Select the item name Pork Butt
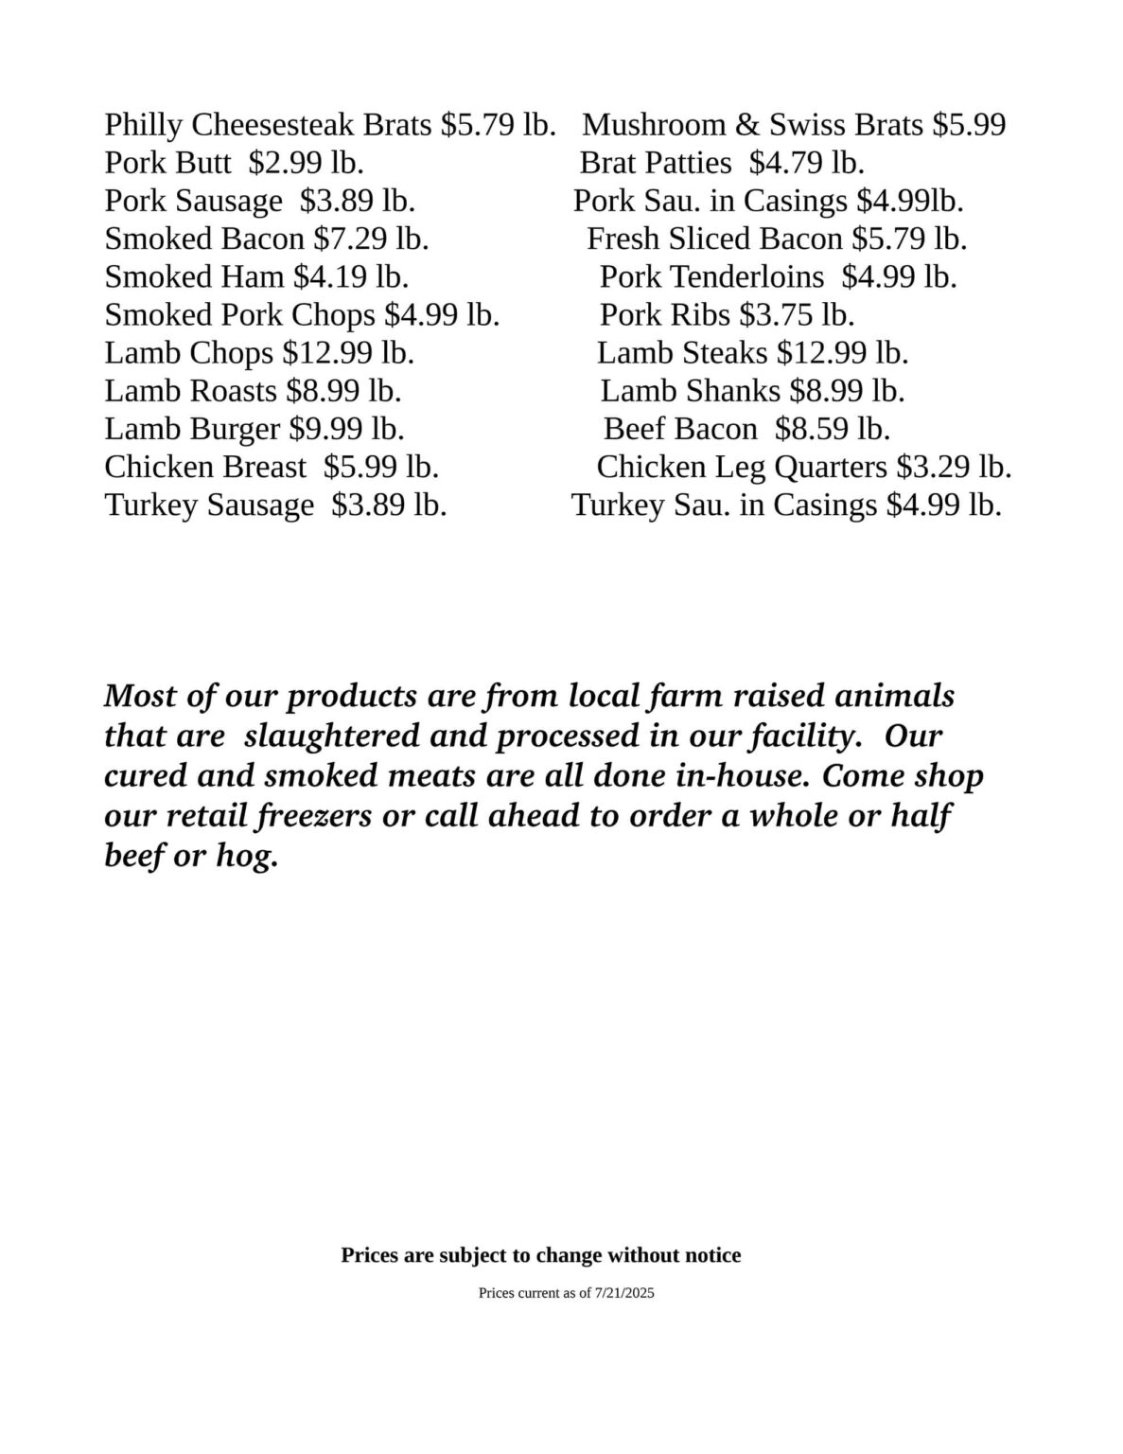pos(167,163)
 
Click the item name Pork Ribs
pos(665,314)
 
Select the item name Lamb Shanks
pos(690,391)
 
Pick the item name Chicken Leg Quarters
pos(742,467)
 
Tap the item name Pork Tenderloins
pos(711,276)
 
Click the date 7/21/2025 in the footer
pos(624,1293)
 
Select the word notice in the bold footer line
pos(711,1255)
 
